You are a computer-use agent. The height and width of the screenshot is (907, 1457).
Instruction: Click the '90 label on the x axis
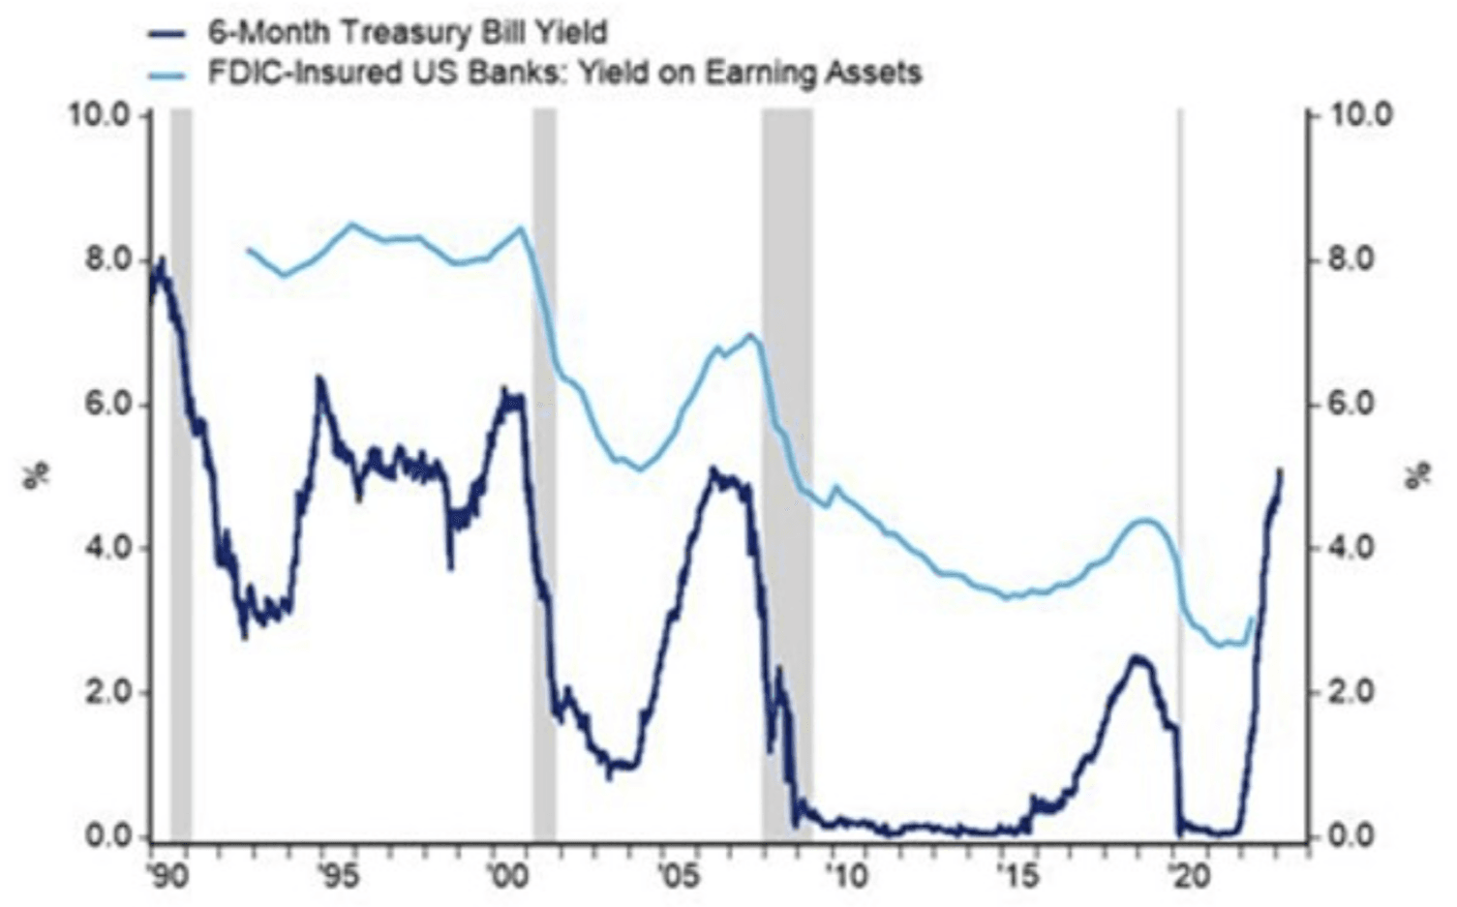click(167, 877)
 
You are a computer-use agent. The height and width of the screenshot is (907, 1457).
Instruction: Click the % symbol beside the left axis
click(36, 475)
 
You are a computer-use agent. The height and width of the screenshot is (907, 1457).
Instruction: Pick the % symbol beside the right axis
click(1419, 475)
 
